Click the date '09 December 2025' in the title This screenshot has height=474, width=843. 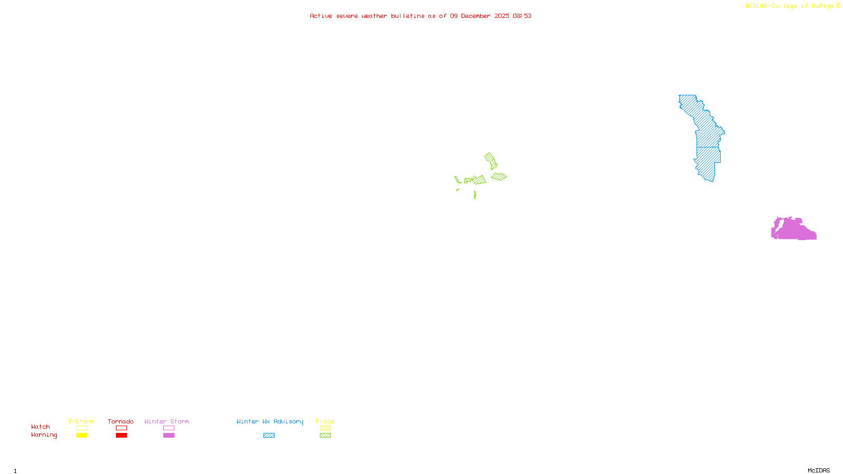[x=479, y=16]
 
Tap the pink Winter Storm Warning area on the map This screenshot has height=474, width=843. [x=793, y=230]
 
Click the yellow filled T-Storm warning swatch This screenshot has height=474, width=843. [x=82, y=436]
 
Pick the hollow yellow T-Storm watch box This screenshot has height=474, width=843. [x=82, y=428]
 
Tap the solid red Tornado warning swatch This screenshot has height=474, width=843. [x=121, y=436]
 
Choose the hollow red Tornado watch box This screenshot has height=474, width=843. [x=121, y=428]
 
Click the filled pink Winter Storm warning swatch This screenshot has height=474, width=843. [x=169, y=436]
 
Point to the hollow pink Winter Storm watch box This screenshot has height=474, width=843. [x=169, y=428]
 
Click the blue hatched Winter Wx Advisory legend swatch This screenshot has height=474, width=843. [x=269, y=436]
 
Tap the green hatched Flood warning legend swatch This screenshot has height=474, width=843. [x=325, y=436]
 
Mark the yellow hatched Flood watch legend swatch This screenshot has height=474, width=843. [x=325, y=428]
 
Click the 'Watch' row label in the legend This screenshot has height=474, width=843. [x=41, y=427]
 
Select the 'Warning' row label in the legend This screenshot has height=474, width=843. [x=44, y=435]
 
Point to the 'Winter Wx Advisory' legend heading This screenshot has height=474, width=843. [x=270, y=422]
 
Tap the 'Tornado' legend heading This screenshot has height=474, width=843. [x=121, y=422]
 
